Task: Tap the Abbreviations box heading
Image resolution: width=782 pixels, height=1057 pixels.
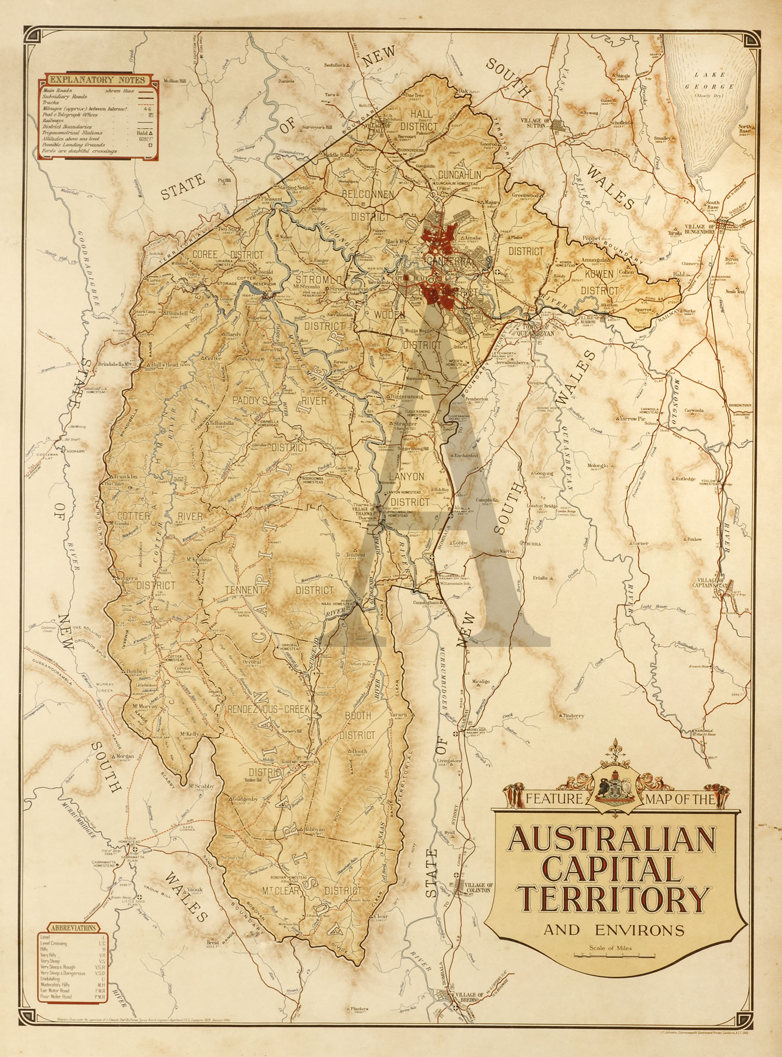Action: [x=74, y=928]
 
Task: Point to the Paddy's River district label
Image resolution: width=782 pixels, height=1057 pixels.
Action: [x=279, y=401]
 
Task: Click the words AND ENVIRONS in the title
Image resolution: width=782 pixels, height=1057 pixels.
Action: [x=614, y=930]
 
